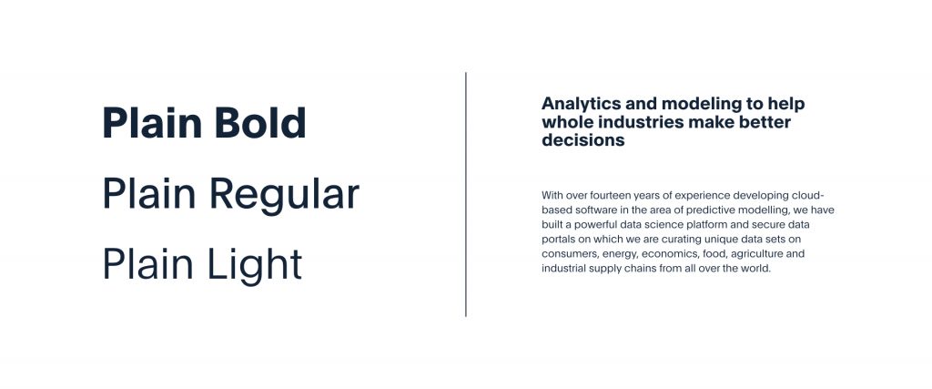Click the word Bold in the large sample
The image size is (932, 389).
point(260,123)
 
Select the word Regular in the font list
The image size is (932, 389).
point(285,196)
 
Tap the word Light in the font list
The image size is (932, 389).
point(255,265)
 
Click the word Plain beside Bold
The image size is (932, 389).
point(153,123)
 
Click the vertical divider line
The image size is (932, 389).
point(466,195)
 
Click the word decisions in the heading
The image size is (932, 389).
point(583,140)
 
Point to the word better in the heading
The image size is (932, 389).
point(765,122)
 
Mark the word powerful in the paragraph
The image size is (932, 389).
point(590,225)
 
